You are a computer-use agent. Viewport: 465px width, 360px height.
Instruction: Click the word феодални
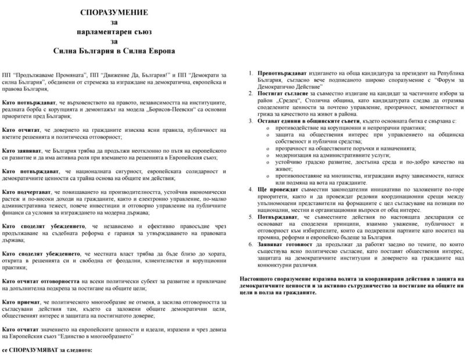coord(150,260)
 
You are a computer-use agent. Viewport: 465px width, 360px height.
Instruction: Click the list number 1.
coord(250,75)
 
